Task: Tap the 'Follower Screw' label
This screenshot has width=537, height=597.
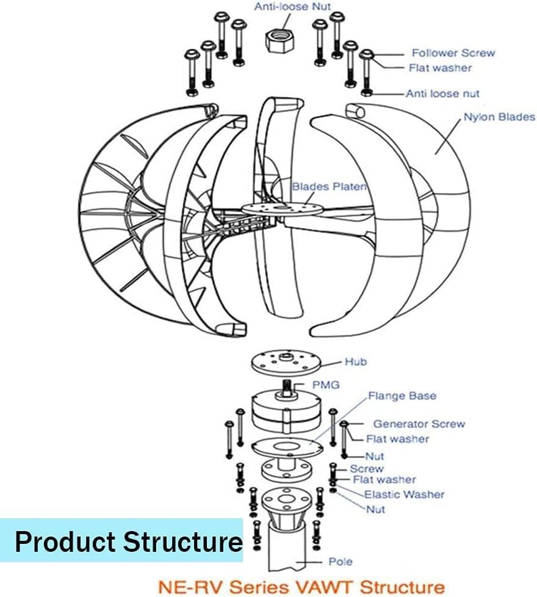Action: click(453, 53)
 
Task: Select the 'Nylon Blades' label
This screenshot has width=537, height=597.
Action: click(499, 117)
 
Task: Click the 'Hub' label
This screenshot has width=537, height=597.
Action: click(355, 362)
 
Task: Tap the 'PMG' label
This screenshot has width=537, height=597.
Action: click(325, 385)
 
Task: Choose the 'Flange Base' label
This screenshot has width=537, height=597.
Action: click(402, 396)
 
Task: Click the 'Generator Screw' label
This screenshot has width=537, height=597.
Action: click(419, 424)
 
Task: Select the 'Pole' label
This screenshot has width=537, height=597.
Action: click(341, 562)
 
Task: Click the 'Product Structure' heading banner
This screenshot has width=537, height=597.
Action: click(128, 541)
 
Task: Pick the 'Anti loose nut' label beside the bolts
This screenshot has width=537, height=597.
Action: click(442, 94)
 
